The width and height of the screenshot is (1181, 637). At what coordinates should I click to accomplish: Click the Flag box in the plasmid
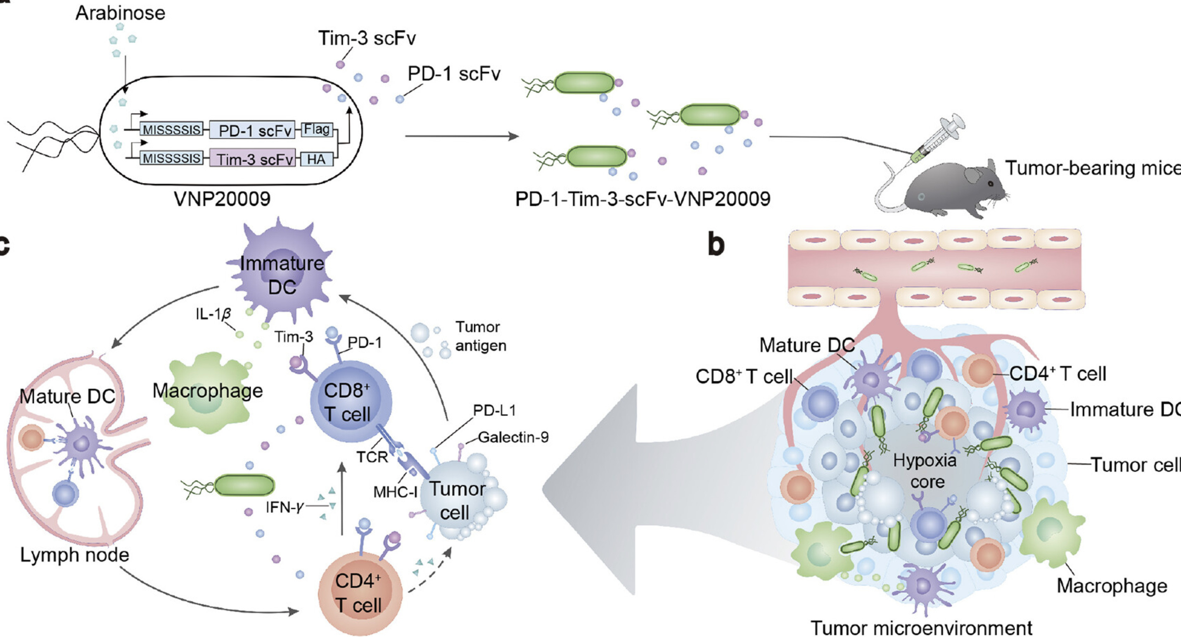tap(317, 130)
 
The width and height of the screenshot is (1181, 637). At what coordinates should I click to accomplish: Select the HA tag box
tap(316, 159)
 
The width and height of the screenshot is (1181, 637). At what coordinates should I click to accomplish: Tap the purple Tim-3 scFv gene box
tap(253, 159)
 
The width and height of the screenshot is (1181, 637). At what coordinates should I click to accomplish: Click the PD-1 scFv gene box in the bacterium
tap(254, 131)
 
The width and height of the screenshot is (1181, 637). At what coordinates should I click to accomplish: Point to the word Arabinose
tap(120, 13)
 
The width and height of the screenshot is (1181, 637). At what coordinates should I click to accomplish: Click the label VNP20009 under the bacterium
tap(222, 199)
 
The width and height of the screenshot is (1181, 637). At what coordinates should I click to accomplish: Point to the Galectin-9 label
tap(513, 437)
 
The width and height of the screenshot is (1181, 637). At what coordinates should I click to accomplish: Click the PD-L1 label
tap(494, 411)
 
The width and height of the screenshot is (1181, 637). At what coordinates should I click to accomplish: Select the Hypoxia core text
tap(925, 471)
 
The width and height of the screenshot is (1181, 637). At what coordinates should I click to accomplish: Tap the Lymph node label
tap(74, 555)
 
